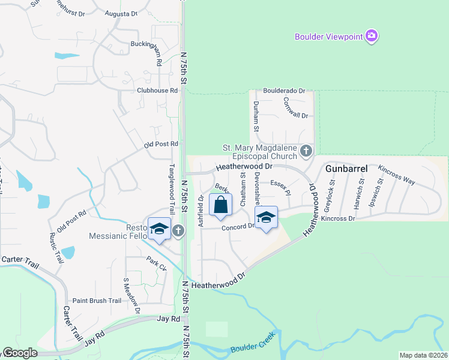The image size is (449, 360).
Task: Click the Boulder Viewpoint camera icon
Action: [372, 37]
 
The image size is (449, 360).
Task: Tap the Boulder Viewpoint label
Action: [329, 37]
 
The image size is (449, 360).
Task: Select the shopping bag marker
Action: [221, 205]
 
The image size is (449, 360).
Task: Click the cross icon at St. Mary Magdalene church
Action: [306, 150]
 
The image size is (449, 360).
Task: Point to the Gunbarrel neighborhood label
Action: [346, 169]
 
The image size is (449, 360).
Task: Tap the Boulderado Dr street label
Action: [280, 91]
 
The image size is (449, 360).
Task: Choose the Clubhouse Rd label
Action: [157, 91]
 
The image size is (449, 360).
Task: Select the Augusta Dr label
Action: [121, 13]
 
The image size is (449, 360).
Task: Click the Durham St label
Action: [256, 116]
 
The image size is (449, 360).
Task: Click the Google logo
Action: [19, 353]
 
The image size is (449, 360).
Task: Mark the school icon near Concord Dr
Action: [266, 218]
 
